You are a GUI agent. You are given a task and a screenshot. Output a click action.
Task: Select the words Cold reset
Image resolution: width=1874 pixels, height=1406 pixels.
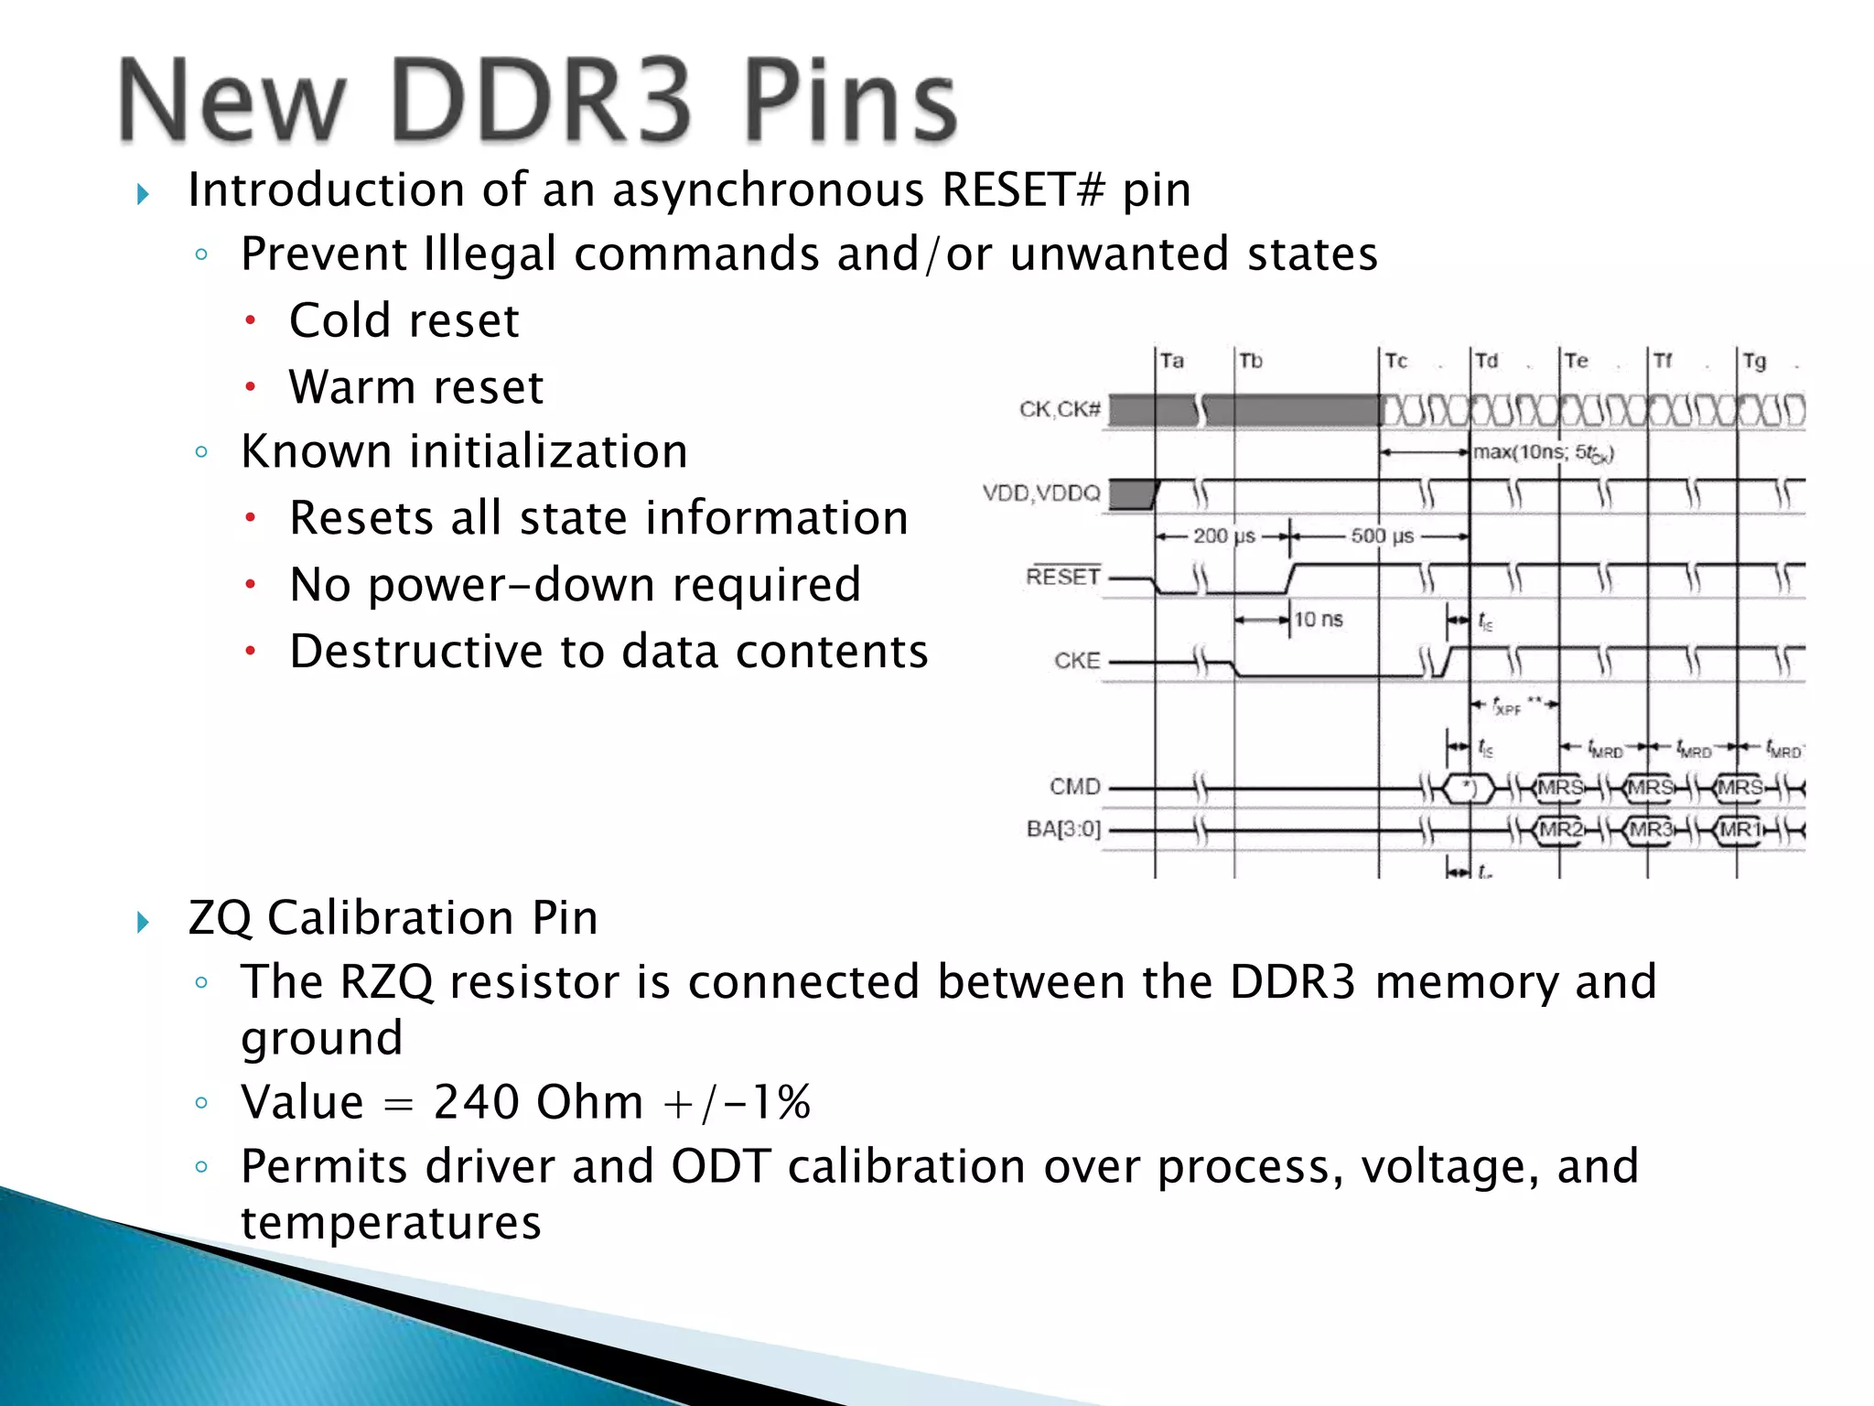coord(404,321)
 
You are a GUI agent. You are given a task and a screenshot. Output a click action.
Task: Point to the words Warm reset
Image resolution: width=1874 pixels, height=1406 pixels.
coord(416,387)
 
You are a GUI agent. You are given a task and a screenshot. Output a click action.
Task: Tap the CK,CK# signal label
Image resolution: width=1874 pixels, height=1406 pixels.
coord(1060,409)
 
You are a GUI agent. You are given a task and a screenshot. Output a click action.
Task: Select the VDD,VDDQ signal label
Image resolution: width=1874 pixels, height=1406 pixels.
coord(1041,493)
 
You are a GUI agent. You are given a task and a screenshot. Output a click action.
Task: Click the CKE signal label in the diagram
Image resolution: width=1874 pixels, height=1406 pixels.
coord(1077,661)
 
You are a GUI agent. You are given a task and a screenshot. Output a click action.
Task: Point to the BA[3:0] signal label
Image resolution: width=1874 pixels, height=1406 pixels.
coord(1063,829)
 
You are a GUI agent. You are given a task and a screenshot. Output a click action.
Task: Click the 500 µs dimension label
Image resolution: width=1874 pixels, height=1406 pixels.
coord(1383,535)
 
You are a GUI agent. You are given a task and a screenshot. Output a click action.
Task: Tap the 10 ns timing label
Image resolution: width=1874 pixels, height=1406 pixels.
coord(1319,620)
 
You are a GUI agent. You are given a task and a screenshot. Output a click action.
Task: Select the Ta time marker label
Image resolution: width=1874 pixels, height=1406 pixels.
coord(1172,361)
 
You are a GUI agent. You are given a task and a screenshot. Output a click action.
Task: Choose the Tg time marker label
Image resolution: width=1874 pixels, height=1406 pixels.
coord(1754,361)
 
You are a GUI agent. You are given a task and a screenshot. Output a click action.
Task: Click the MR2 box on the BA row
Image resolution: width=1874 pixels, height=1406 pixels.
coord(1559,830)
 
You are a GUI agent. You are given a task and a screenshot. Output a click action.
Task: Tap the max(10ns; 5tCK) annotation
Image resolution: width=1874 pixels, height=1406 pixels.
coord(1543,452)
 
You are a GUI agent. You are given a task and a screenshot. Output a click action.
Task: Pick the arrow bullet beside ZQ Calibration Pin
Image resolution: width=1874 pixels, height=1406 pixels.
coord(143,921)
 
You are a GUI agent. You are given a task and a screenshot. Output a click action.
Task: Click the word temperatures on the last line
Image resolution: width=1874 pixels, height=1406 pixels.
coord(391,1223)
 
